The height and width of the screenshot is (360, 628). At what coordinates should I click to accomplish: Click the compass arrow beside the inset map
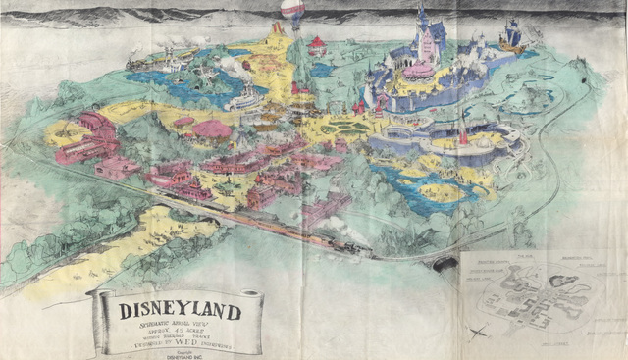tap(478, 331)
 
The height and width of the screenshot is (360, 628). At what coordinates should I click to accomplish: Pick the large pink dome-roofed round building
tap(211, 128)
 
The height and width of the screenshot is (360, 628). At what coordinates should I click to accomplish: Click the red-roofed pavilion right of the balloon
tap(316, 44)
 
